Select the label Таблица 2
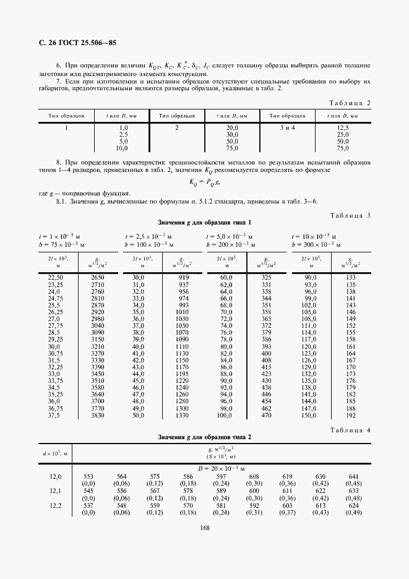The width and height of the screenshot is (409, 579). (350, 103)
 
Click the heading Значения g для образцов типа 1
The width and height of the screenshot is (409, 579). (204, 222)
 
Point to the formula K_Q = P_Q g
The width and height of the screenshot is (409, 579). (204, 182)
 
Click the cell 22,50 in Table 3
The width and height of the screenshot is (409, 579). (56, 277)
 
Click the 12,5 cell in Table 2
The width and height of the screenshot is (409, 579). (342, 127)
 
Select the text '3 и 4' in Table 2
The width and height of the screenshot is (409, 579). (287, 127)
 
